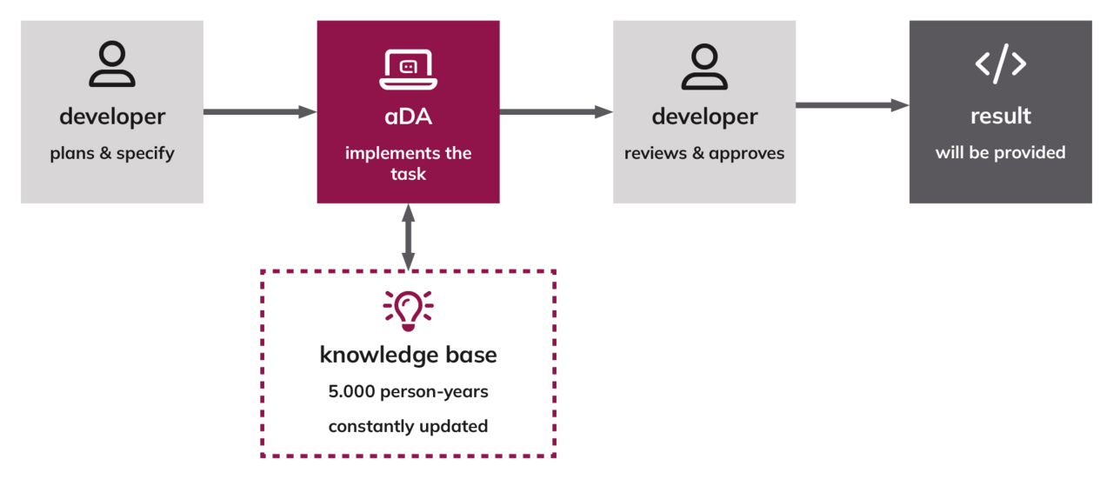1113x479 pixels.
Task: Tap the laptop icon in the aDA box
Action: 409,70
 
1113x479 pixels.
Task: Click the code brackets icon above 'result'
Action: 1001,63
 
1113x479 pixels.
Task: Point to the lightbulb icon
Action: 409,310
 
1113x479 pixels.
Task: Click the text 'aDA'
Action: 409,116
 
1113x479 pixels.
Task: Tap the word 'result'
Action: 1001,116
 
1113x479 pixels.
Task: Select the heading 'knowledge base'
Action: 409,355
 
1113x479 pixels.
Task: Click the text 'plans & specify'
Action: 112,154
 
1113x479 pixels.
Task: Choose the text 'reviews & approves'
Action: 704,154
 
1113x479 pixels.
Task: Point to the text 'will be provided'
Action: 1001,152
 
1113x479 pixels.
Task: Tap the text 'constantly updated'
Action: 409,426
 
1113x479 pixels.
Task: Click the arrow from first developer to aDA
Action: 260,112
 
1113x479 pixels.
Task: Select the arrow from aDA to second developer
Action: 556,112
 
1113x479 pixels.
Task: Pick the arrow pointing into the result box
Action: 852,105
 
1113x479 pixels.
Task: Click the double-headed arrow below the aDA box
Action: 409,237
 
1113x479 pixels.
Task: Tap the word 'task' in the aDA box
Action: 409,175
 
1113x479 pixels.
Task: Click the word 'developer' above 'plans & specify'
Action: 112,117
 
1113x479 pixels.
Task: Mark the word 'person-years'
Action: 434,392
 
